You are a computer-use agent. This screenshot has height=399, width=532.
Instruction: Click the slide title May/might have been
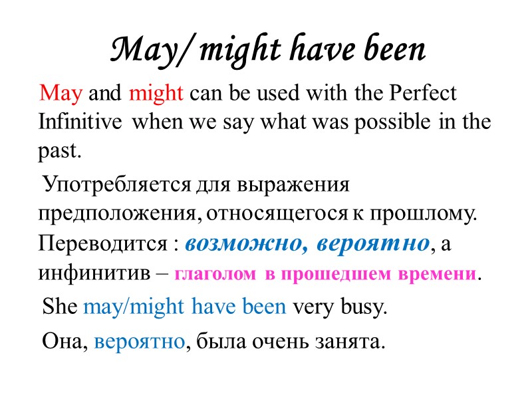(266, 51)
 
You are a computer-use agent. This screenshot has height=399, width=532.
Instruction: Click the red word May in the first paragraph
(61, 93)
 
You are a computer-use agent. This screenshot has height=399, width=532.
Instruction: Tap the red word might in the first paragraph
(156, 93)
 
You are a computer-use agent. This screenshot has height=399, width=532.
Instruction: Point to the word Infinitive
(80, 122)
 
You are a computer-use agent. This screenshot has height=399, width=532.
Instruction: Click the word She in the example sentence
(60, 307)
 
